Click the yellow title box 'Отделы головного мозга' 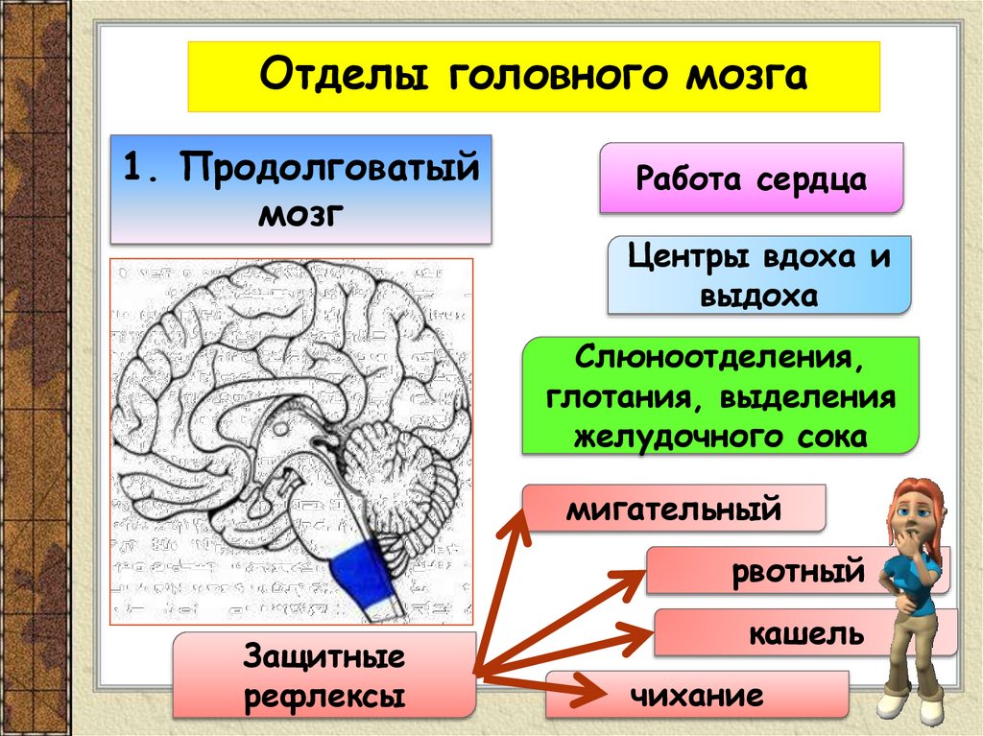tap(533, 76)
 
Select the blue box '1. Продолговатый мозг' tap(300, 189)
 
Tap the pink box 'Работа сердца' tap(751, 178)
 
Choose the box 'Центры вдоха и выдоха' tap(758, 275)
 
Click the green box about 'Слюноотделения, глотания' tap(720, 395)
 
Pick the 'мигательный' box tap(674, 509)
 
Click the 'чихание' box tap(697, 695)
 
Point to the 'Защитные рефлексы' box tap(324, 676)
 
